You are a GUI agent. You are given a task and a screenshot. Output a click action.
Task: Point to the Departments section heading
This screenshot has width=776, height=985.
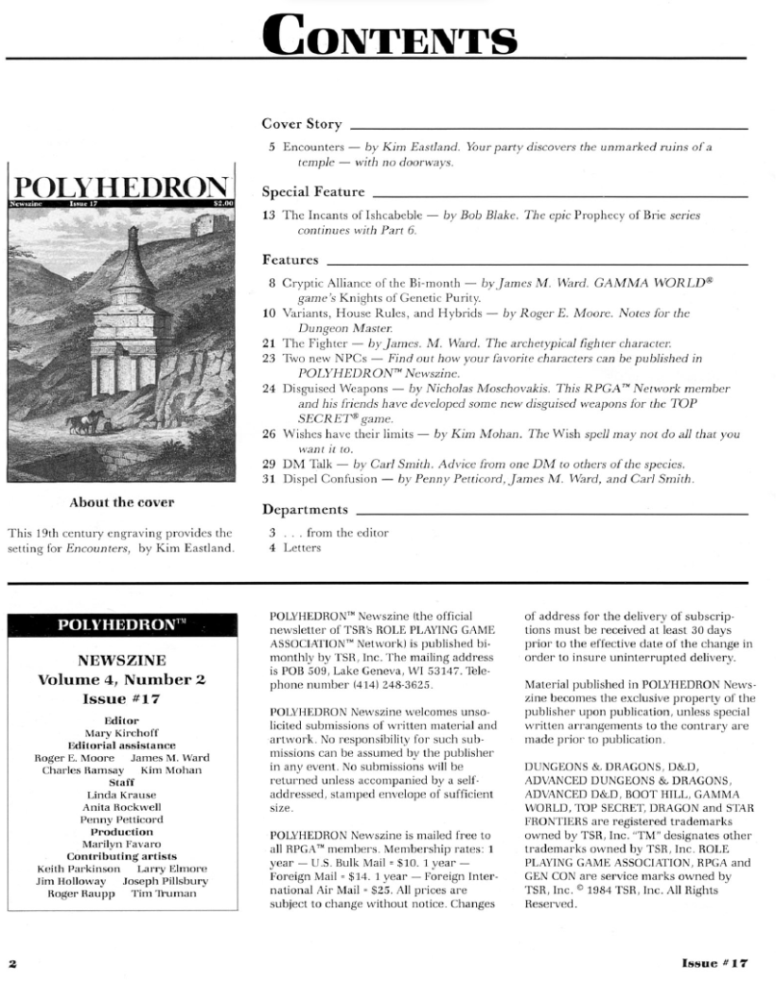click(305, 509)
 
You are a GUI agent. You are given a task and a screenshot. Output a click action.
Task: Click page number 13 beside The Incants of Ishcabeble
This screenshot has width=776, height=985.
click(269, 215)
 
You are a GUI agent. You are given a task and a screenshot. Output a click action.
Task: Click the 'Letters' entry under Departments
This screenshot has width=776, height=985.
click(299, 548)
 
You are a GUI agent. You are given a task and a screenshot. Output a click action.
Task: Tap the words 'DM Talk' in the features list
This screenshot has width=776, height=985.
click(302, 463)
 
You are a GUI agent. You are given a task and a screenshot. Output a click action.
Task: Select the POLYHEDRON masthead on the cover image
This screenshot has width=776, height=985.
click(121, 187)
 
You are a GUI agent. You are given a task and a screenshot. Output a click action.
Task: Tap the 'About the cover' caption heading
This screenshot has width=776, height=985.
click(121, 502)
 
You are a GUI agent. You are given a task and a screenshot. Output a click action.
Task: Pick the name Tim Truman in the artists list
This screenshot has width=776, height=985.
click(168, 894)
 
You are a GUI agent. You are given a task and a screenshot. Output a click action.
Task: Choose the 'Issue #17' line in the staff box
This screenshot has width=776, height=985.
click(121, 698)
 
